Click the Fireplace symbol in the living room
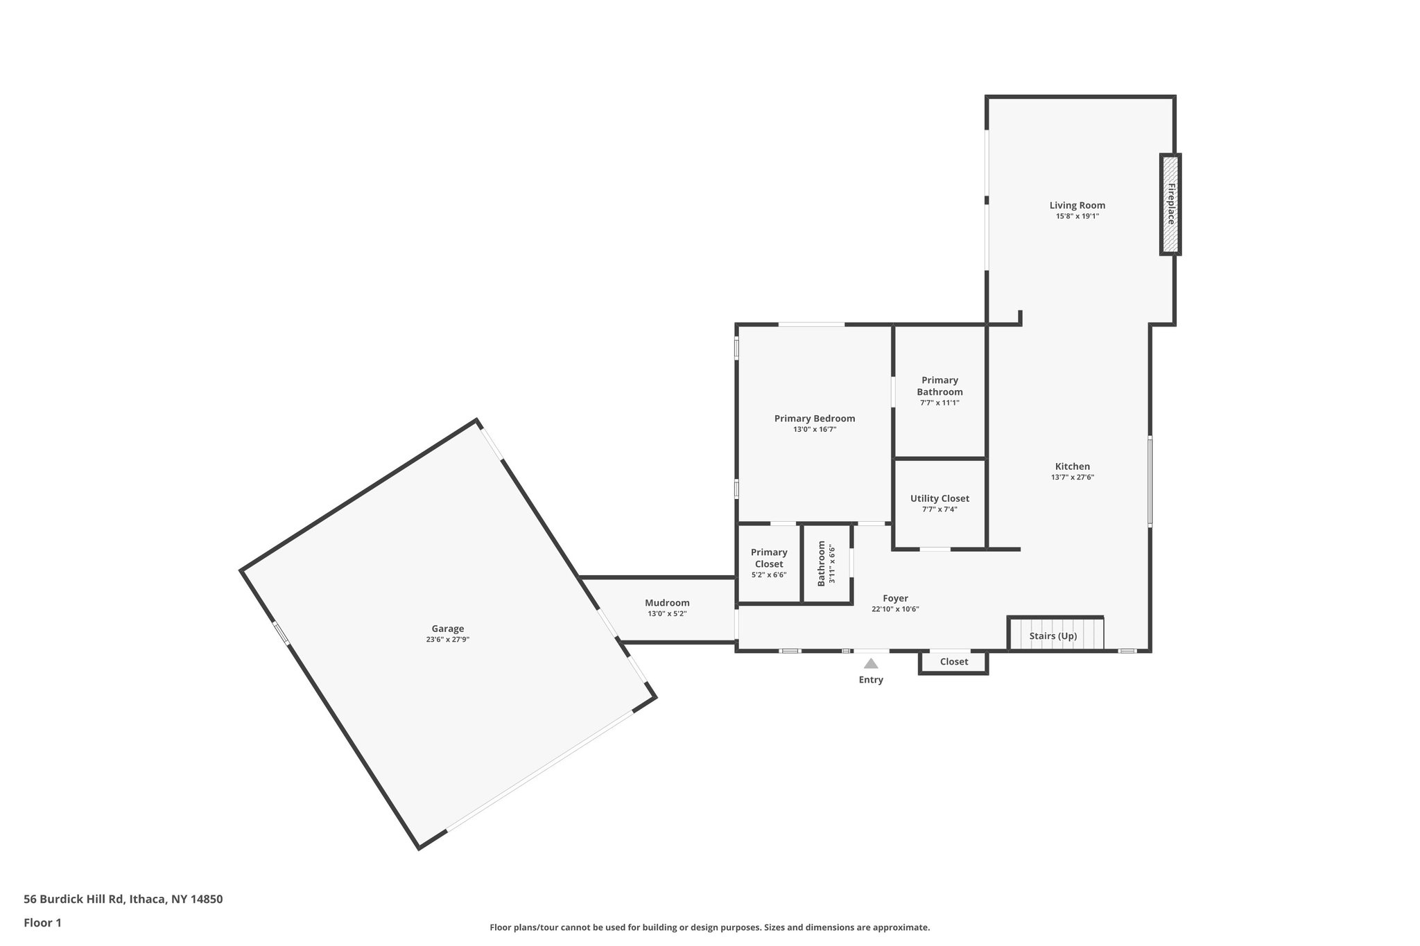(x=1170, y=204)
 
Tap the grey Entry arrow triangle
(x=871, y=663)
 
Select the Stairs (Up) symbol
(x=1055, y=635)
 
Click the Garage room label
(x=447, y=629)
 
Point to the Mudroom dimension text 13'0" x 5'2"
(x=667, y=614)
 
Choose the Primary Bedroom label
(x=814, y=419)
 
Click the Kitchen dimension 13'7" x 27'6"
(x=1072, y=478)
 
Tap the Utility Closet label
(x=940, y=498)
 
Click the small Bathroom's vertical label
(x=822, y=563)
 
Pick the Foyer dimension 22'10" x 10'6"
(x=894, y=610)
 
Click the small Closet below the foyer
(x=953, y=662)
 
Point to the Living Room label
(x=1077, y=205)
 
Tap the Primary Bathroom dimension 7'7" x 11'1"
(x=940, y=403)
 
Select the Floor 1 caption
(x=42, y=922)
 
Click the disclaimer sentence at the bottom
(x=709, y=927)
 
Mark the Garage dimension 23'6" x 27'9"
(x=447, y=640)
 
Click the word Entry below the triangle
(x=871, y=680)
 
